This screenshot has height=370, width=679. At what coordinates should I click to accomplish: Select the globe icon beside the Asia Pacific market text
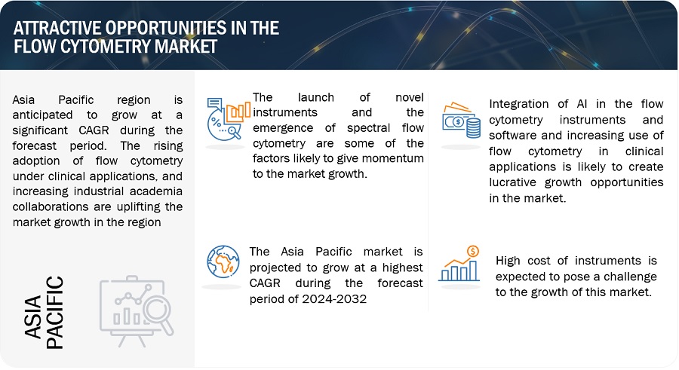coord(223,261)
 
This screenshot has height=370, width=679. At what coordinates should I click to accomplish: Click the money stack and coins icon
coord(461,120)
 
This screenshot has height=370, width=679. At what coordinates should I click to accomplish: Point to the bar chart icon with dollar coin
coord(459,264)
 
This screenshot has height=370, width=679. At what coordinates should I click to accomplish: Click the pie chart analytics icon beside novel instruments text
coord(228,119)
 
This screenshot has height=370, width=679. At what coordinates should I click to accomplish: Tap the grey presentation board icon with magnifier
coord(137,310)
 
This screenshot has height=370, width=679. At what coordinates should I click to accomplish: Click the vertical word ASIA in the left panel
coord(33,316)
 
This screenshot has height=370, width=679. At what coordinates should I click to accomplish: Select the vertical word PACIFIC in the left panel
coord(54,313)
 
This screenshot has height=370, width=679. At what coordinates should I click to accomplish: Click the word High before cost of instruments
coord(508,261)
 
